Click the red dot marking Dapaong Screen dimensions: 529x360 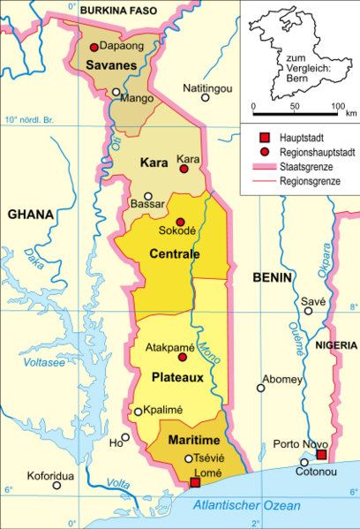pyautogui.click(x=94, y=46)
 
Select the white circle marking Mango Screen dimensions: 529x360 pyautogui.click(x=116, y=91)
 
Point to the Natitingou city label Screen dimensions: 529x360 pyautogui.click(x=207, y=88)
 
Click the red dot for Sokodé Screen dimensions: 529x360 pyautogui.click(x=180, y=222)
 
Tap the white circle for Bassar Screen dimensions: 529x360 pyautogui.click(x=148, y=196)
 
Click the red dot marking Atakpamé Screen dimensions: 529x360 pyautogui.click(x=183, y=358)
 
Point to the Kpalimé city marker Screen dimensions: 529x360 pyautogui.click(x=138, y=411)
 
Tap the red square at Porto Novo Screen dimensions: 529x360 pyautogui.click(x=321, y=455)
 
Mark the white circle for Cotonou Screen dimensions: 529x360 pyautogui.click(x=304, y=462)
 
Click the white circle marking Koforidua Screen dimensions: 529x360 pyautogui.click(x=59, y=484)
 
